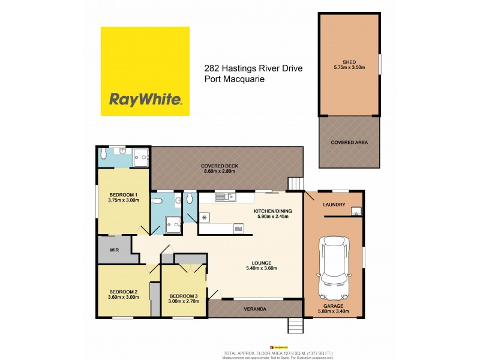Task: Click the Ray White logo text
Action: pos(145,98)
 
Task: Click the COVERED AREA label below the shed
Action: pos(349,142)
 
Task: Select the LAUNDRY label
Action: pos(334,205)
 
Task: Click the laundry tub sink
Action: pos(355,211)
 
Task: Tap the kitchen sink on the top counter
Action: pos(224,196)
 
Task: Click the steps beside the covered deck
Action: pos(296,184)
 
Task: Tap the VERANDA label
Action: pos(256,309)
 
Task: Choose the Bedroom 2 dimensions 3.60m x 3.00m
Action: pos(123,298)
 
